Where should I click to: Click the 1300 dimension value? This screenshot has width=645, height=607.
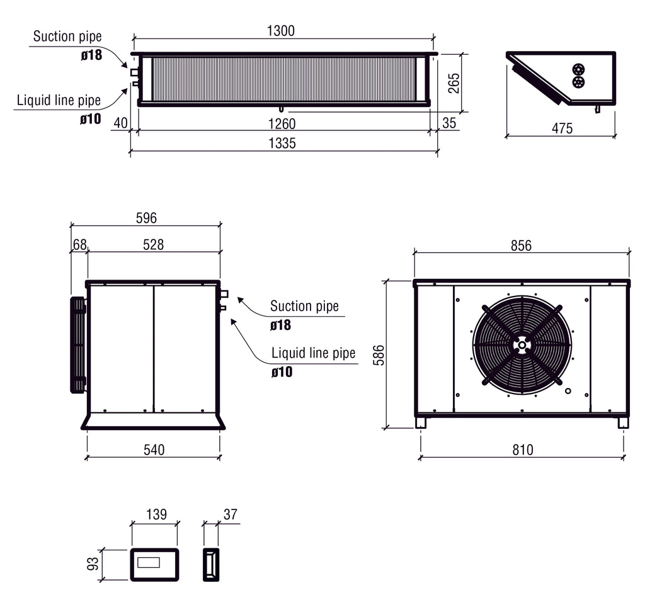280,31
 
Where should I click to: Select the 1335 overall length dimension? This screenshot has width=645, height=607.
282,143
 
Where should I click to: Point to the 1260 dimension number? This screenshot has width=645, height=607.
282,123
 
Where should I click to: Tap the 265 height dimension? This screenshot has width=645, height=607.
454,83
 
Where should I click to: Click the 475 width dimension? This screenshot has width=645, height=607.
562,128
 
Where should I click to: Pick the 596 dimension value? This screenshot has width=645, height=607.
146,218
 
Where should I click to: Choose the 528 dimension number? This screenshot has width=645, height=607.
153,244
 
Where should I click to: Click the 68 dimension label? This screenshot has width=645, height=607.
79,244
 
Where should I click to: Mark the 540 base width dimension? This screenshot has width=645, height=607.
154,450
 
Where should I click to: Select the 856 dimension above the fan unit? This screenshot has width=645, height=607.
521,246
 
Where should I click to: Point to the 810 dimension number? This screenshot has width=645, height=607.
522,450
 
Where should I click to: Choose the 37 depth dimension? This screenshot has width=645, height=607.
230,514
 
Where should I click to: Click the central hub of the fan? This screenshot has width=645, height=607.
522,345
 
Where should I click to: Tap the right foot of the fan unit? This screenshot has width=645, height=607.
623,423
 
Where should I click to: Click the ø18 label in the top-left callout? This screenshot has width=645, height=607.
91,55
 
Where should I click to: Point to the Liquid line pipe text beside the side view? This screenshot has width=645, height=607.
313,353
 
